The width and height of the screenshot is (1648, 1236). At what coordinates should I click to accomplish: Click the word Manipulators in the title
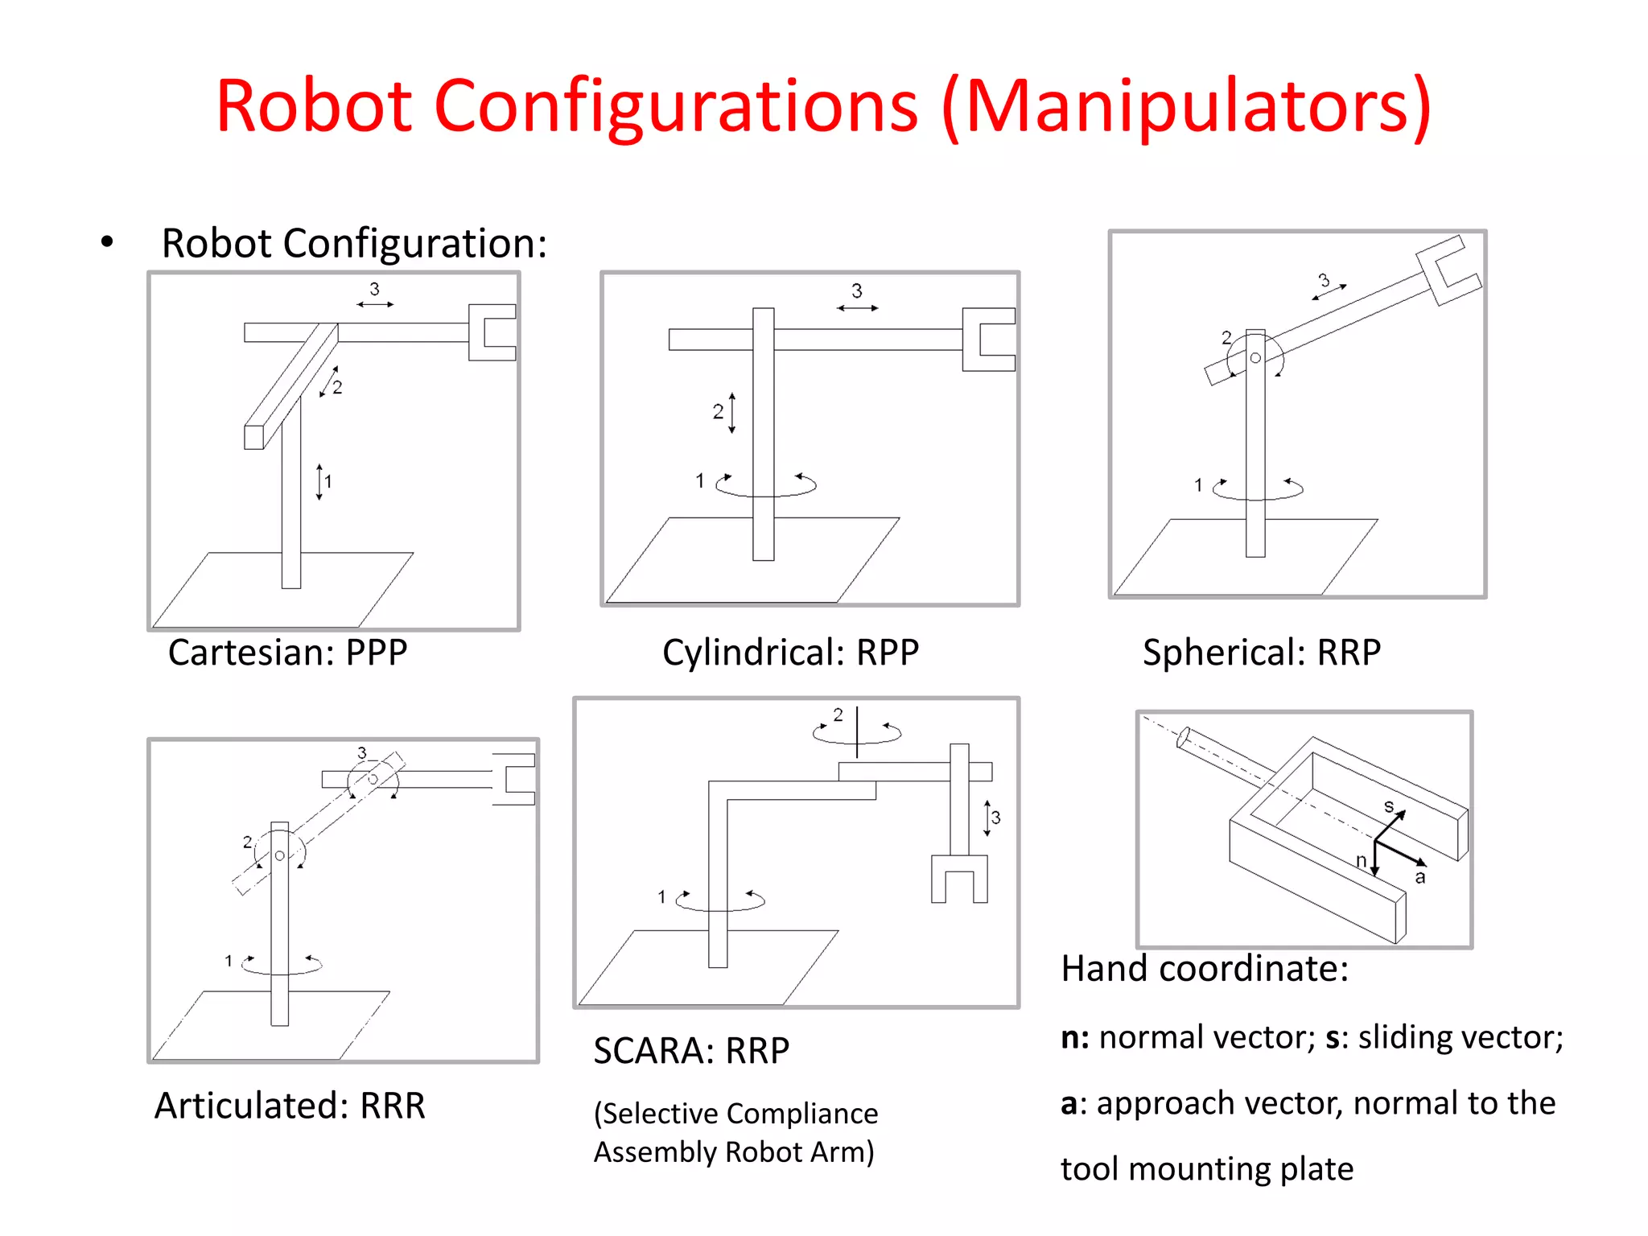click(x=1187, y=107)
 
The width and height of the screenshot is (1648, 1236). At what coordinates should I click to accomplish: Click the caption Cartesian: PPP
click(x=287, y=652)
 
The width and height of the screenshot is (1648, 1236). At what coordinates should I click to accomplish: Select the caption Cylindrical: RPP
click(x=790, y=652)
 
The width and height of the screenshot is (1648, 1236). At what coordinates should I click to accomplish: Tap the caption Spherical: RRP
click(x=1261, y=652)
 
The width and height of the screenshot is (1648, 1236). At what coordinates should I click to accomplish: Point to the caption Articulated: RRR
click(x=290, y=1106)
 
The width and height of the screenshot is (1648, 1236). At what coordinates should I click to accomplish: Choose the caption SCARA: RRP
click(x=691, y=1051)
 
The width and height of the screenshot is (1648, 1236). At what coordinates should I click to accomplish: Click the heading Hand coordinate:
click(x=1204, y=968)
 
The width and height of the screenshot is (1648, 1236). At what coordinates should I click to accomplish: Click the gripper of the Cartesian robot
click(x=492, y=332)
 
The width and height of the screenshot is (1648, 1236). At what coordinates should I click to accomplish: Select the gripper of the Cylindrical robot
click(x=988, y=340)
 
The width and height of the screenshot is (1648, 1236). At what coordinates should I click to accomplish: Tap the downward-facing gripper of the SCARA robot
click(x=959, y=879)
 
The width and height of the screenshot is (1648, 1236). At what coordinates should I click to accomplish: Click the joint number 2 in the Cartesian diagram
click(x=337, y=388)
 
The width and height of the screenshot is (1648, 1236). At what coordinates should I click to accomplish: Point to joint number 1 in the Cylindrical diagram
click(x=700, y=481)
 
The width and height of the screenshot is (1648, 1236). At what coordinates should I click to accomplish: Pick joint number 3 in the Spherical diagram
click(x=1324, y=280)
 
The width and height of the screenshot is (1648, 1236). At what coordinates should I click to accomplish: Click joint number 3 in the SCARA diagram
click(x=996, y=818)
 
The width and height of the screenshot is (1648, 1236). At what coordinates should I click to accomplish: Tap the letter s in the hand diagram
click(x=1388, y=806)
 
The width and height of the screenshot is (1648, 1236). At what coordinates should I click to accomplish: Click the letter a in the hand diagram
click(x=1420, y=878)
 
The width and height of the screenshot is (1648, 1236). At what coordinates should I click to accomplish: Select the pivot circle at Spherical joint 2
click(x=1255, y=358)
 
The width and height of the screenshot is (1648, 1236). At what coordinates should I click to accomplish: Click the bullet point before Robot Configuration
click(x=107, y=242)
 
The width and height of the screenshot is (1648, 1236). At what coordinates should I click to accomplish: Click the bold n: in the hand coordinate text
click(x=1074, y=1037)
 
